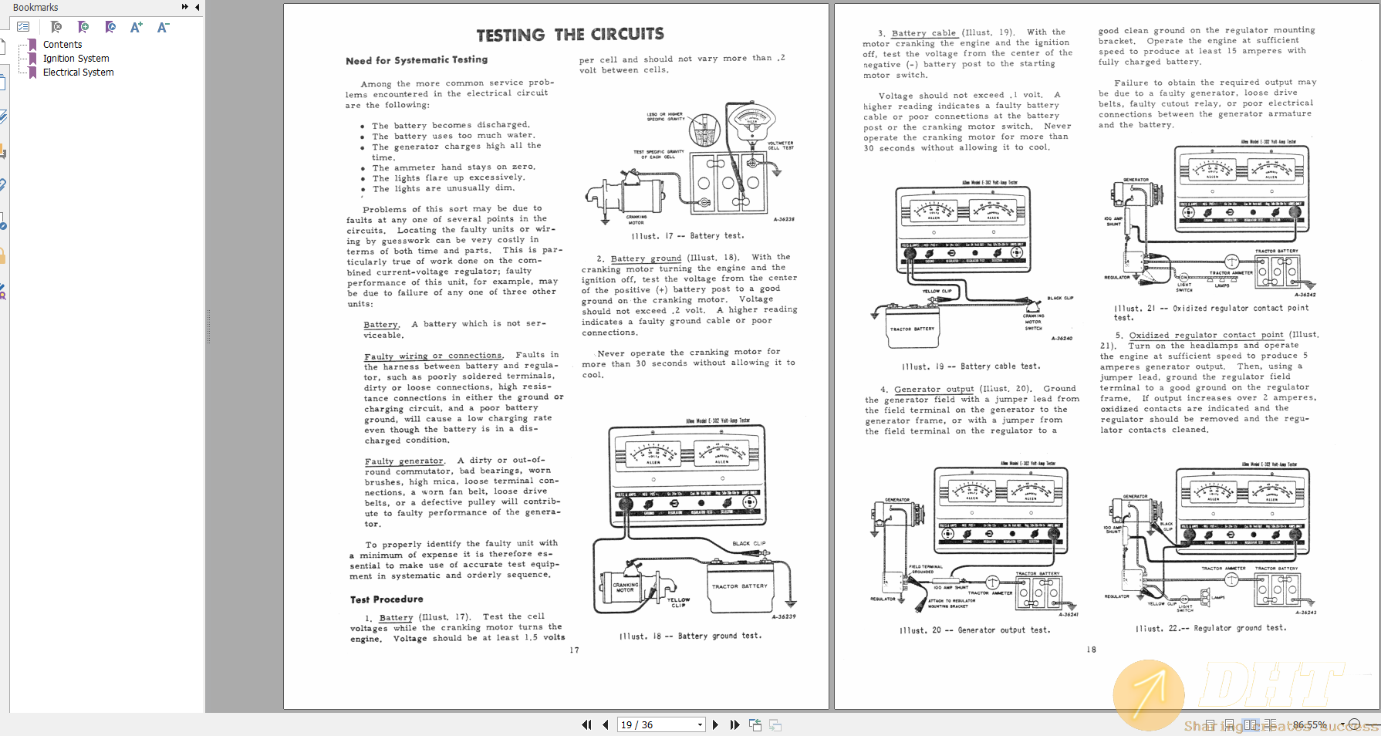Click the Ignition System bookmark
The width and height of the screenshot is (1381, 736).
tap(76, 59)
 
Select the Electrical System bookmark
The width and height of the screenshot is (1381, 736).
tap(78, 73)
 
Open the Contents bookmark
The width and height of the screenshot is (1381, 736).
tap(62, 45)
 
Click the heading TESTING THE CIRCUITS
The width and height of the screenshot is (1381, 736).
tap(569, 35)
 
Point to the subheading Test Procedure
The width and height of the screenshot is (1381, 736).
tap(387, 599)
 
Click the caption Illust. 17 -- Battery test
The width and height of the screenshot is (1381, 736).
tap(687, 236)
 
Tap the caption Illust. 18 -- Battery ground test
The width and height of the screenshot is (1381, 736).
tap(690, 636)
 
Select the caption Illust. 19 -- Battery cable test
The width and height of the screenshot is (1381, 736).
tap(971, 366)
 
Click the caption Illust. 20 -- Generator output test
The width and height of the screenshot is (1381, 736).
tap(974, 630)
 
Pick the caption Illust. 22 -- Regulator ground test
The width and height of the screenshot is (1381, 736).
tap(1210, 628)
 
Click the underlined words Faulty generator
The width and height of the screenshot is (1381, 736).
tap(404, 461)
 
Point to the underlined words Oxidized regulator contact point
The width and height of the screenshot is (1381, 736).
tap(1206, 335)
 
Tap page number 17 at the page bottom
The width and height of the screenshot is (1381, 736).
tap(574, 650)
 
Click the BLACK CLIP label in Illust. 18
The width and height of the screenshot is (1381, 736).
tap(748, 543)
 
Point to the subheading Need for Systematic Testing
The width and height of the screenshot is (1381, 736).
tap(417, 60)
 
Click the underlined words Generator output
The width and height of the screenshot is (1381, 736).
tap(934, 389)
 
